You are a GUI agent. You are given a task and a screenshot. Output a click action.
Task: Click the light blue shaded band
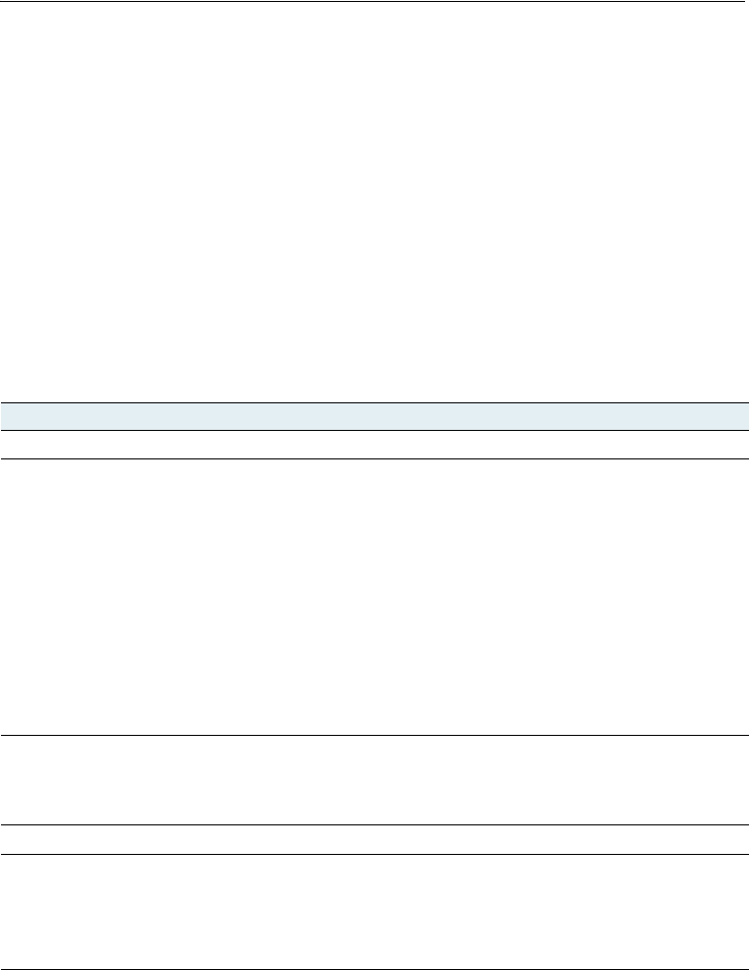pyautogui.click(x=374, y=415)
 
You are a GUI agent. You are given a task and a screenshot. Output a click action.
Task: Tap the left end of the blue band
pyautogui.click(x=4, y=415)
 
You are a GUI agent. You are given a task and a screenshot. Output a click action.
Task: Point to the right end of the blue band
pyautogui.click(x=745, y=415)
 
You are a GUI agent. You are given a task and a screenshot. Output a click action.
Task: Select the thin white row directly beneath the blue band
pyautogui.click(x=374, y=445)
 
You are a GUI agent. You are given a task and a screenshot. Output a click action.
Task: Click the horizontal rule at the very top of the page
pyautogui.click(x=374, y=1)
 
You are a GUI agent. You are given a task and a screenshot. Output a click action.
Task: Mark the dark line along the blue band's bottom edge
pyautogui.click(x=374, y=430)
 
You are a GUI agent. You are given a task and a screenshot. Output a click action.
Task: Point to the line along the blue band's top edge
pyautogui.click(x=374, y=401)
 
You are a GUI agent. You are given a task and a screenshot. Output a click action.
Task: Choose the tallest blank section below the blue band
pyautogui.click(x=374, y=596)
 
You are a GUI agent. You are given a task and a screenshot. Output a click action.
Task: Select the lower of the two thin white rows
pyautogui.click(x=374, y=839)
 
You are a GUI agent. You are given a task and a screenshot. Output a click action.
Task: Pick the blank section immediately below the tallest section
pyautogui.click(x=374, y=779)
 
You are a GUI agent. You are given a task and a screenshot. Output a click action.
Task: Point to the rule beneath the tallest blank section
pyautogui.click(x=374, y=735)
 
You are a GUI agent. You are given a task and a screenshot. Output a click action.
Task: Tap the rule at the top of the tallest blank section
pyautogui.click(x=374, y=458)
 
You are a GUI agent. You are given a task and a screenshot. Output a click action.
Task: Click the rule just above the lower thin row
pyautogui.click(x=374, y=824)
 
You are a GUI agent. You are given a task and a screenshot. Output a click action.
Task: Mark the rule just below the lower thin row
pyautogui.click(x=374, y=854)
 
